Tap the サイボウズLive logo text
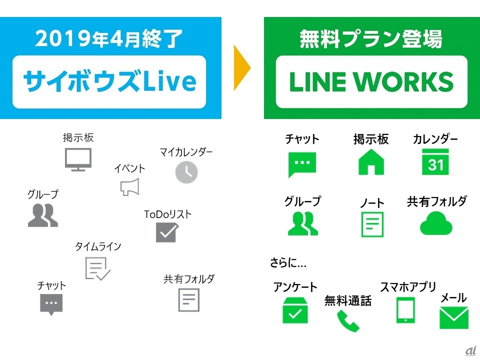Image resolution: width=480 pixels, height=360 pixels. pyautogui.click(x=109, y=81)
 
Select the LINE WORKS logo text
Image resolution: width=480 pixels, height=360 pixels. pyautogui.click(x=371, y=82)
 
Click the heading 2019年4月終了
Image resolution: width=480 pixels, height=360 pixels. pyautogui.click(x=109, y=39)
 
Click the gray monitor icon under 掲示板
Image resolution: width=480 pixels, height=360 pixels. pyautogui.click(x=78, y=159)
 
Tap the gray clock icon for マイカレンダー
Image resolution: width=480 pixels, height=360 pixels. pyautogui.click(x=186, y=172)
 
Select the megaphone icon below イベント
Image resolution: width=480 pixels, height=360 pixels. pyautogui.click(x=129, y=186)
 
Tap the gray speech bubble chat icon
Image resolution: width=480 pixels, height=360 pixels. pyautogui.click(x=51, y=304)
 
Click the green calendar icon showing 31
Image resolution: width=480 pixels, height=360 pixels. pyautogui.click(x=435, y=162)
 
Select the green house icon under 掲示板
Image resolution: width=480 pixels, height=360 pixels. pyautogui.click(x=371, y=162)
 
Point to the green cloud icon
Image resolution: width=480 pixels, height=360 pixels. pyautogui.click(x=436, y=224)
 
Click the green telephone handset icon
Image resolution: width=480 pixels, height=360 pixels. pyautogui.click(x=348, y=321)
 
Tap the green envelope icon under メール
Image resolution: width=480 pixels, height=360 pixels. pyautogui.click(x=453, y=317)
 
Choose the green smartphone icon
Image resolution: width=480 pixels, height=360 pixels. pyautogui.click(x=405, y=310)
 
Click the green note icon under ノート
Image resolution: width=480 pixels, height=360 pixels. pyautogui.click(x=372, y=224)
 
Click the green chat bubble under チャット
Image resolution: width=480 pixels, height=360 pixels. pyautogui.click(x=302, y=163)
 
